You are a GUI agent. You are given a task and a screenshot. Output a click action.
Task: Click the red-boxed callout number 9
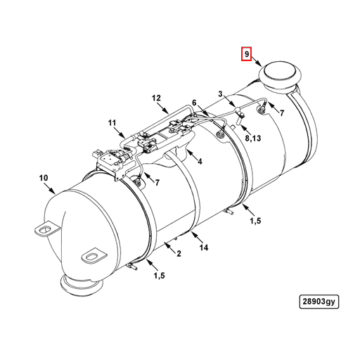tap(247, 54)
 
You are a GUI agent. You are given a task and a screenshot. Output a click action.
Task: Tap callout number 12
tap(156, 98)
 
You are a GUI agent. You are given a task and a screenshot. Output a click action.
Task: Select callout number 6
tap(194, 103)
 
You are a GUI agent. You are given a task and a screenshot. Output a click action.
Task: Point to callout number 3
tap(220, 94)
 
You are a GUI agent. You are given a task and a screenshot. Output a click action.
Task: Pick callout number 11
tap(112, 124)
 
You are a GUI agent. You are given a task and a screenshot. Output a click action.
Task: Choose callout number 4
tap(200, 161)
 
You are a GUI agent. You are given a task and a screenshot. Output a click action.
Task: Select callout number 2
tap(179, 253)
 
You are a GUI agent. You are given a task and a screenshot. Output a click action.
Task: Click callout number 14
tap(204, 247)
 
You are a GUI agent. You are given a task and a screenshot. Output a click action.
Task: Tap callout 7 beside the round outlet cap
tap(281, 113)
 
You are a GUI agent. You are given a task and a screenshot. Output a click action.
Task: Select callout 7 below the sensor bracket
tap(157, 183)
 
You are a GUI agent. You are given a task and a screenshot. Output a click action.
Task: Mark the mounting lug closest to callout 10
tap(46, 229)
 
